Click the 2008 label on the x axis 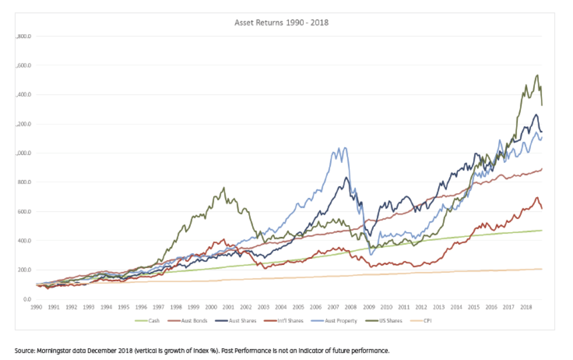[x=351, y=307]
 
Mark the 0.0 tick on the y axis [x=27, y=300]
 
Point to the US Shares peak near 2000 [x=224, y=188]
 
